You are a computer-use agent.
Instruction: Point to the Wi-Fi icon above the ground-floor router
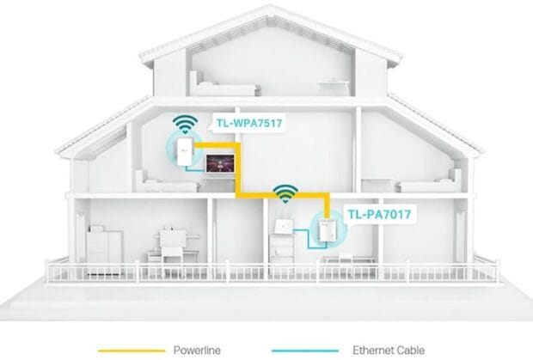click(282, 192)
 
